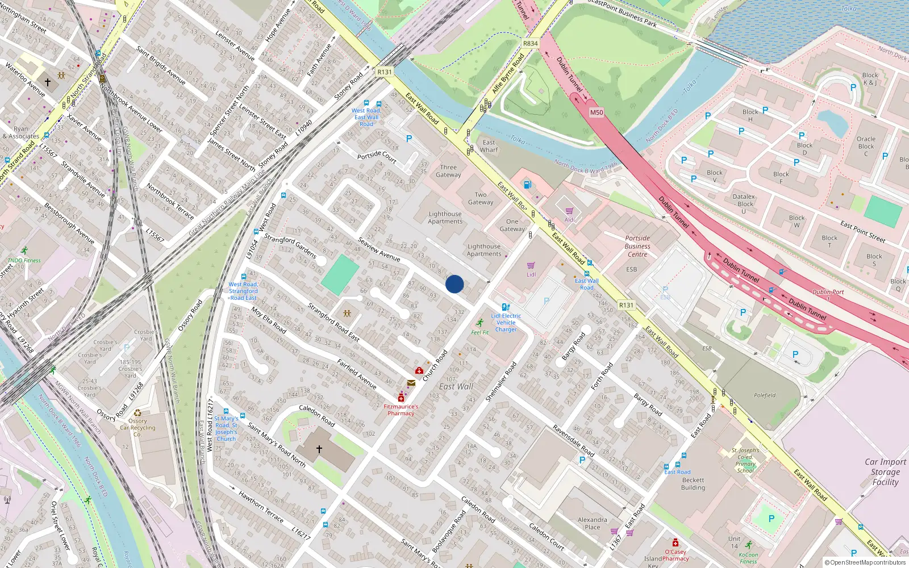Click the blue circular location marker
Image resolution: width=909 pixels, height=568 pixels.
click(454, 284)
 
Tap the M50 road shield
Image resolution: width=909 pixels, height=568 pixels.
click(596, 112)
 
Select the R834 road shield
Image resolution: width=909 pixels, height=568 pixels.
click(530, 43)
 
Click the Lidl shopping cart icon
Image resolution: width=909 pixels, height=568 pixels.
click(531, 265)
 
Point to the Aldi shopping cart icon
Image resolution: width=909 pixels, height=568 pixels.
click(569, 211)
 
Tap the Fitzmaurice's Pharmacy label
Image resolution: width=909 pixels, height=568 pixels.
click(401, 410)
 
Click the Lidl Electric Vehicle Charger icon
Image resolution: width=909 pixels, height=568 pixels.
click(506, 307)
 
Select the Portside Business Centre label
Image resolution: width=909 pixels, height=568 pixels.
click(637, 246)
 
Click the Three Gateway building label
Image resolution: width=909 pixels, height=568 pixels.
click(448, 171)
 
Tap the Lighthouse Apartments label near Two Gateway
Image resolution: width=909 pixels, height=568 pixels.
click(445, 218)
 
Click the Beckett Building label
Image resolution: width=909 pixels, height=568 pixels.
click(693, 483)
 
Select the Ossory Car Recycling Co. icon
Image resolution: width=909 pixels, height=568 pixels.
click(137, 413)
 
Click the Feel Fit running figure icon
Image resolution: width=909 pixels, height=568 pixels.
click(480, 323)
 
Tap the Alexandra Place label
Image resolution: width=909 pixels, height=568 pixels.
click(592, 523)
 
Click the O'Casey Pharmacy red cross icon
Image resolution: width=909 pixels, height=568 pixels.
click(675, 542)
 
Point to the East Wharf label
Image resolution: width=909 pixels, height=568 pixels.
click(489, 146)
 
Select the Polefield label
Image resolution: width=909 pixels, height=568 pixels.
click(765, 395)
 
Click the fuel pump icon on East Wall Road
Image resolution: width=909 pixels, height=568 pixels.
click(527, 184)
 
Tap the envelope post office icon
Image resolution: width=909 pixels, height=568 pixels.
click(411, 383)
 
